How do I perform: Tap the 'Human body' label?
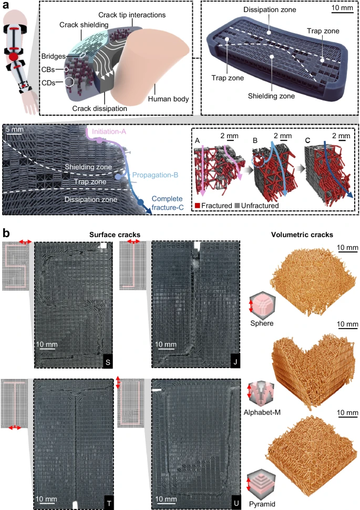pos(169,99)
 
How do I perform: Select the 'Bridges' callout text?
pos(53,56)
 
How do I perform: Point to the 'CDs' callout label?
pos(48,83)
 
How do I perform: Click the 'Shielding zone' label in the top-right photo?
pos(271,96)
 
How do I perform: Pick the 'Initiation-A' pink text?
pos(109,131)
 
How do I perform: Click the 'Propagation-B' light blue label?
pos(155,175)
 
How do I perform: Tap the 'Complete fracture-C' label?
pos(167,203)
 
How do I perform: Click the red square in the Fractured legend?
pos(198,206)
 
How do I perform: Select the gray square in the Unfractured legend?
pos(237,206)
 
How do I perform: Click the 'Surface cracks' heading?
pos(115,235)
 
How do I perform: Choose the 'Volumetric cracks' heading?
pos(302,235)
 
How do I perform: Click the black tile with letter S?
pos(108,362)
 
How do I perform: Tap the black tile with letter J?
pos(235,362)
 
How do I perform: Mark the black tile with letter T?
pos(109,504)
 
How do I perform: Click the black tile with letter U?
pos(236,504)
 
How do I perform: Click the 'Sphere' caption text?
pos(262,323)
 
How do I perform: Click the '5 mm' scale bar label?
pos(14,129)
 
